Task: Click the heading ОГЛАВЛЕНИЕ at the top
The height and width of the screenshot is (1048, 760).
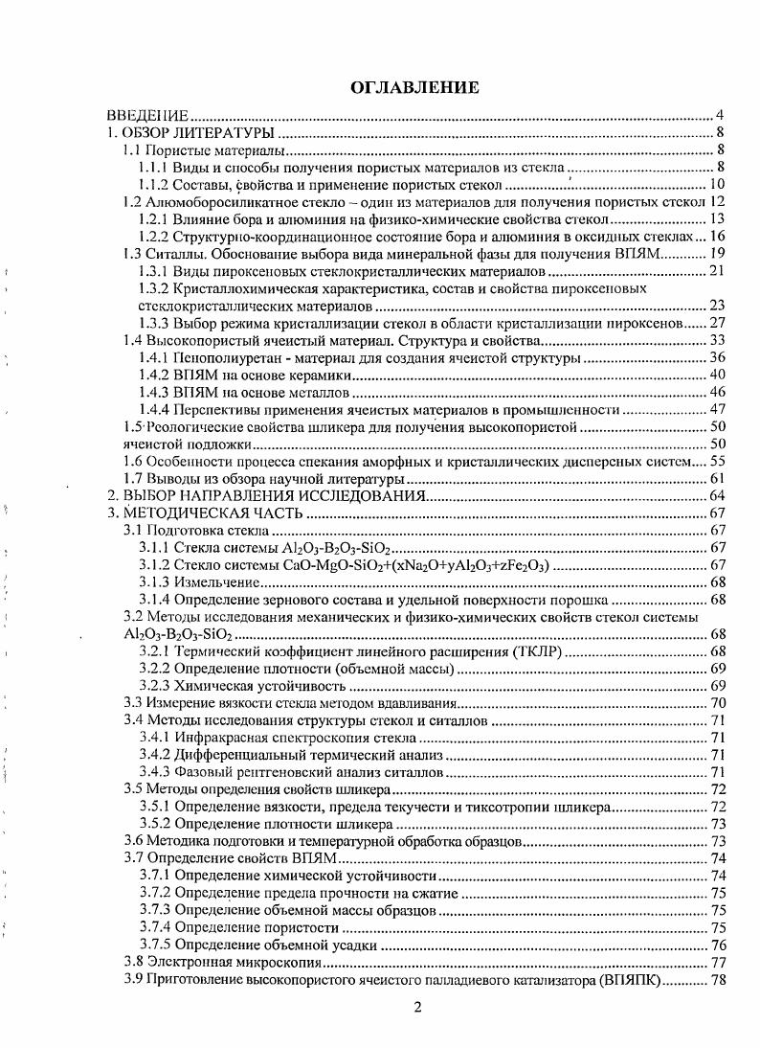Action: tap(414, 88)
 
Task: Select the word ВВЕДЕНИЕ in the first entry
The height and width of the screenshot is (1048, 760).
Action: tap(146, 116)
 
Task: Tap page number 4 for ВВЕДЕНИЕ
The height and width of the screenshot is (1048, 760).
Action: tap(719, 116)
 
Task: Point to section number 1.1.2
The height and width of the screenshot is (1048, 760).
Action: tap(156, 185)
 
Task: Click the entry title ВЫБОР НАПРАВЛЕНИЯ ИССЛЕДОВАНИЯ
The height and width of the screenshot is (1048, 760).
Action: tap(272, 496)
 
